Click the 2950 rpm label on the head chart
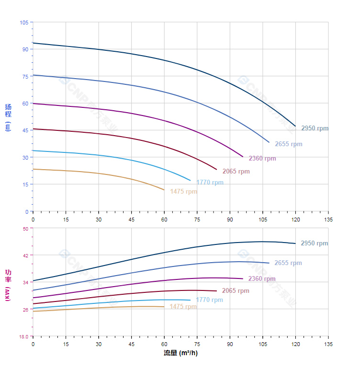tap(315, 128)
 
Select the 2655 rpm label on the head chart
tap(288, 144)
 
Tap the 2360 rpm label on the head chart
tap(262, 159)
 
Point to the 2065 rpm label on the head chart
tap(236, 172)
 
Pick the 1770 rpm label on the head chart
tap(210, 183)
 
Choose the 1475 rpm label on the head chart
tap(183, 192)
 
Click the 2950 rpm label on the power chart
tap(314, 243)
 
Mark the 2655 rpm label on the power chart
tap(288, 263)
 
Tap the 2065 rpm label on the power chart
tap(236, 291)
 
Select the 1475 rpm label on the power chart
tap(183, 307)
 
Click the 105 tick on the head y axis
tap(24, 23)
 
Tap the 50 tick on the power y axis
tap(25, 228)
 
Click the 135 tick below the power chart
tap(328, 344)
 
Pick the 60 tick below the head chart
tap(164, 219)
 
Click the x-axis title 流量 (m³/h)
tap(180, 353)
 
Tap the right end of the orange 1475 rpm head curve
tap(164, 190)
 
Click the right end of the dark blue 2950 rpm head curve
tap(295, 126)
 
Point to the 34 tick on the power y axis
tap(25, 282)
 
